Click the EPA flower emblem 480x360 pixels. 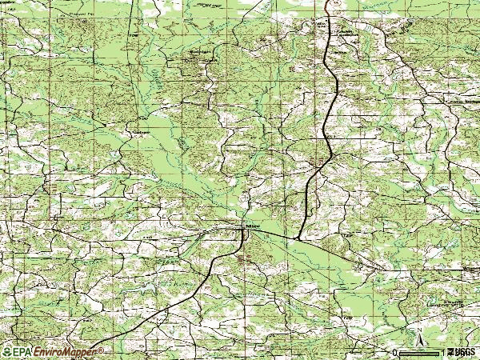click(x=6, y=351)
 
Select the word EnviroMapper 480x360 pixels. click(x=60, y=351)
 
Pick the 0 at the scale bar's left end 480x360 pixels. click(x=395, y=352)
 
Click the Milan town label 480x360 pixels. click(x=254, y=227)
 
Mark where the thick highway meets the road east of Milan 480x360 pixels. click(x=297, y=238)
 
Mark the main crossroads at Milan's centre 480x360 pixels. click(x=243, y=228)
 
